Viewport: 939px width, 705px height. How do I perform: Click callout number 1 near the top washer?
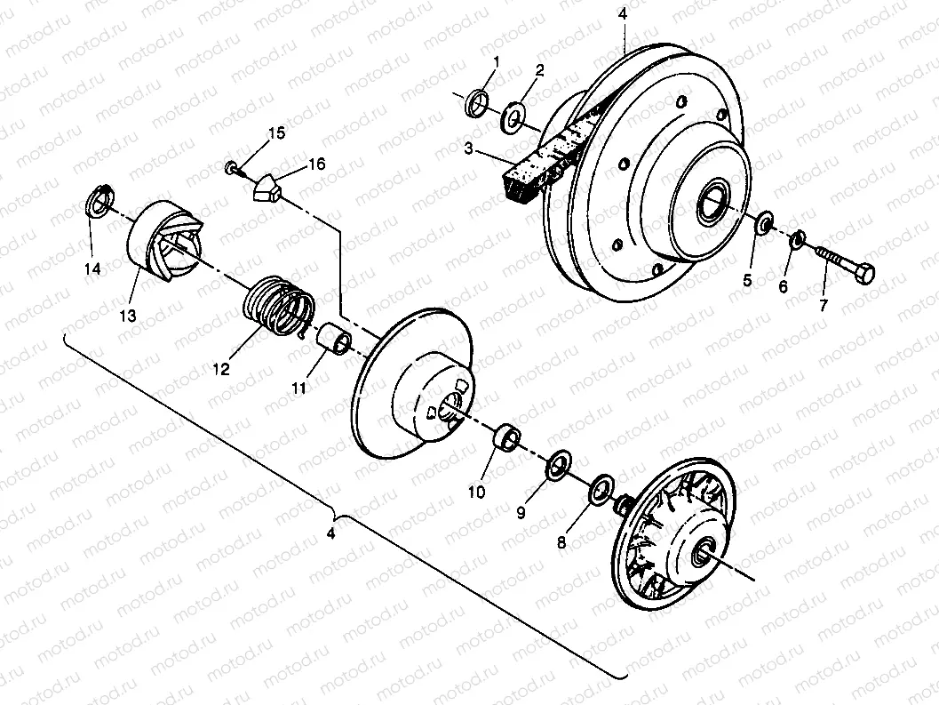[496, 61]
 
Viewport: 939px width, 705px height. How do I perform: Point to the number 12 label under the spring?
[220, 367]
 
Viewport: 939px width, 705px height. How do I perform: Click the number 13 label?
[127, 316]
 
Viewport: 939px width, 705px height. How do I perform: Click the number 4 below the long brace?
[330, 534]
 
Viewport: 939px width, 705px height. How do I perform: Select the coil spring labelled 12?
[279, 307]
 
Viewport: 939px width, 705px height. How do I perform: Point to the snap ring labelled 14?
[99, 202]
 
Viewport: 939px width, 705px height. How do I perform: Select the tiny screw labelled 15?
[231, 165]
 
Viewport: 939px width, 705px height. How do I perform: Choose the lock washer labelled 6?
[798, 238]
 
